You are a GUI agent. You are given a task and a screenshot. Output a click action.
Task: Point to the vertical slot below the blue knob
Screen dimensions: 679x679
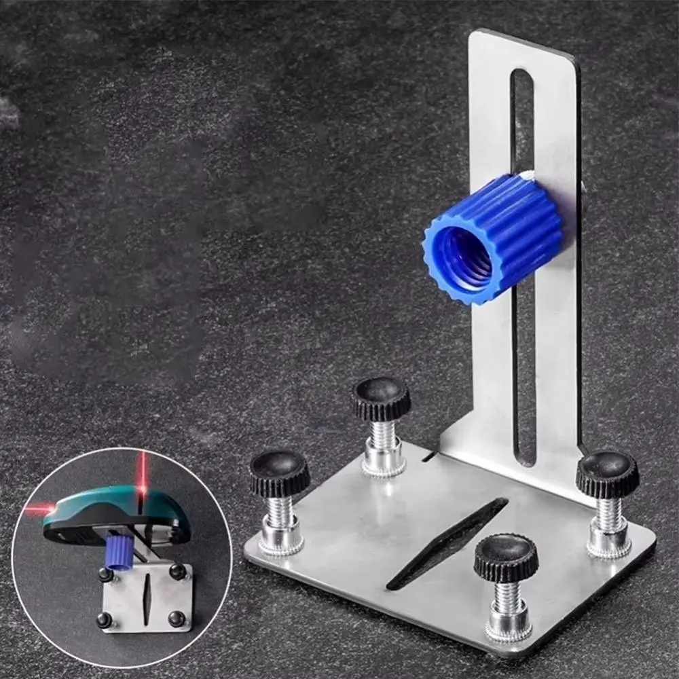(524, 380)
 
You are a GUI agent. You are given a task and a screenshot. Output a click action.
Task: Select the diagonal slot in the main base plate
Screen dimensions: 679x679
(448, 543)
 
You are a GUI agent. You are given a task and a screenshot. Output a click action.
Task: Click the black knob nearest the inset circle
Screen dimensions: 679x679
(279, 473)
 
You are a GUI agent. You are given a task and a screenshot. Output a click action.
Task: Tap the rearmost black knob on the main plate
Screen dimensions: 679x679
(381, 397)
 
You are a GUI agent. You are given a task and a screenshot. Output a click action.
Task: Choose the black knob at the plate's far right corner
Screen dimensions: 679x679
(607, 474)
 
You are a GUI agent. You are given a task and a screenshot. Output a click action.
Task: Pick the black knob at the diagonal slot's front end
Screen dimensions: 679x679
(506, 557)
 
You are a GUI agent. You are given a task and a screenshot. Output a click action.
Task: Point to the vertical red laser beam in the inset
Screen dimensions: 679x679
(143, 472)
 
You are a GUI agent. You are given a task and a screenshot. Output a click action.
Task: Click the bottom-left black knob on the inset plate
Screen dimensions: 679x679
(104, 619)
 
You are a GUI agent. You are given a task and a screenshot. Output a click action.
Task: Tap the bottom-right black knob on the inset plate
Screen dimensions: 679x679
(176, 618)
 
